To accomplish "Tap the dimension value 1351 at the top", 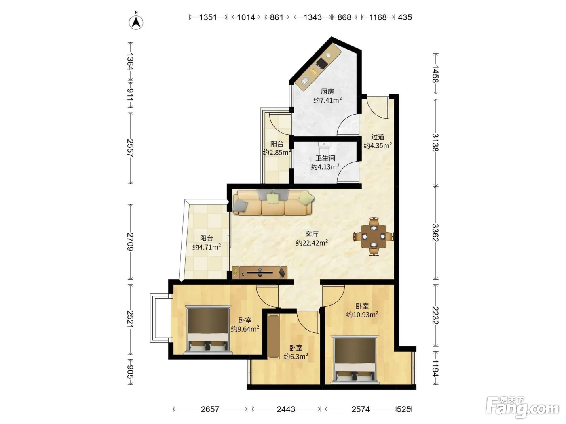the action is click(x=208, y=17).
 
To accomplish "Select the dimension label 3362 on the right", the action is click(x=435, y=233).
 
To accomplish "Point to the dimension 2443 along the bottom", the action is click(x=286, y=409).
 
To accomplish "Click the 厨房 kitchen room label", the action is click(x=327, y=91).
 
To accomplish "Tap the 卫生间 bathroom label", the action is click(x=325, y=158).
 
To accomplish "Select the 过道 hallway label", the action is click(x=378, y=137).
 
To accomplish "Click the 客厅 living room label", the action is click(x=312, y=234).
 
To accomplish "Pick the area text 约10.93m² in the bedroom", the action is click(x=362, y=315).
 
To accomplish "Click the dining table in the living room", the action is click(x=374, y=236).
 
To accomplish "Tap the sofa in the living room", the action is click(x=273, y=203).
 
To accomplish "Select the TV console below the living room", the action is click(x=260, y=272).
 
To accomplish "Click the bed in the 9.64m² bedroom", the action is click(x=208, y=330).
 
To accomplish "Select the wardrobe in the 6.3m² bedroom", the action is click(x=273, y=336).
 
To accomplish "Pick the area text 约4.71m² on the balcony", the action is click(x=207, y=247).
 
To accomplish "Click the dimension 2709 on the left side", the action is click(x=131, y=242).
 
